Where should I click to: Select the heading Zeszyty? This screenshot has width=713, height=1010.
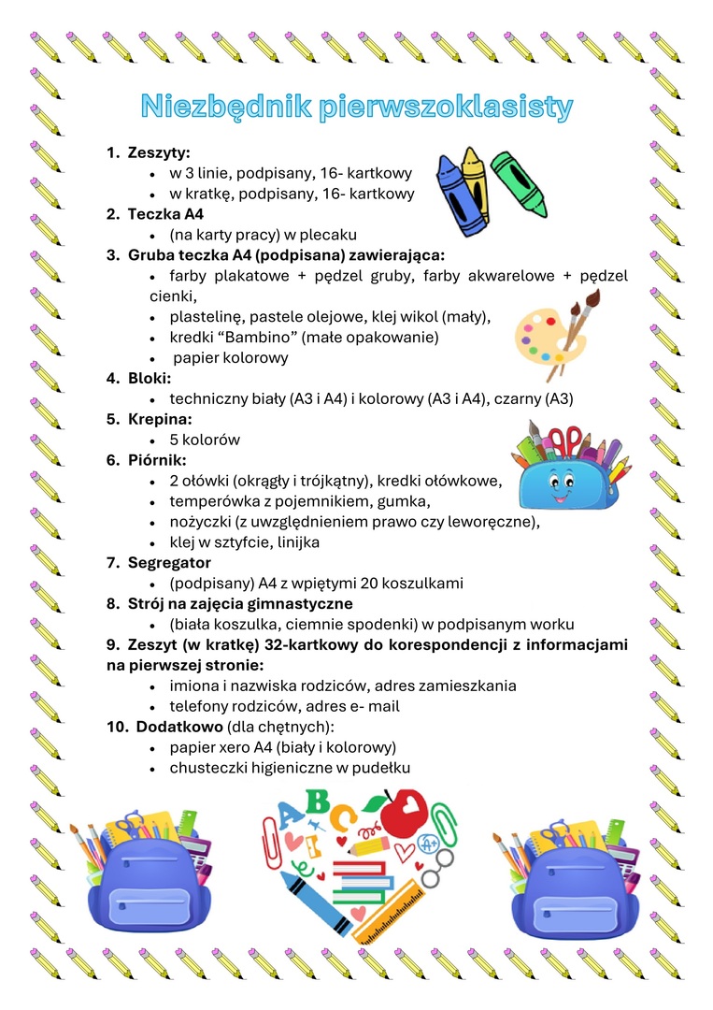[159, 152]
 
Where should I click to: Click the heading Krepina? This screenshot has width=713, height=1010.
[161, 419]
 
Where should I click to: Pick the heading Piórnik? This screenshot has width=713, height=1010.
[157, 460]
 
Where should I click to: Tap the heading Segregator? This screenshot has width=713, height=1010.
[169, 563]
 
